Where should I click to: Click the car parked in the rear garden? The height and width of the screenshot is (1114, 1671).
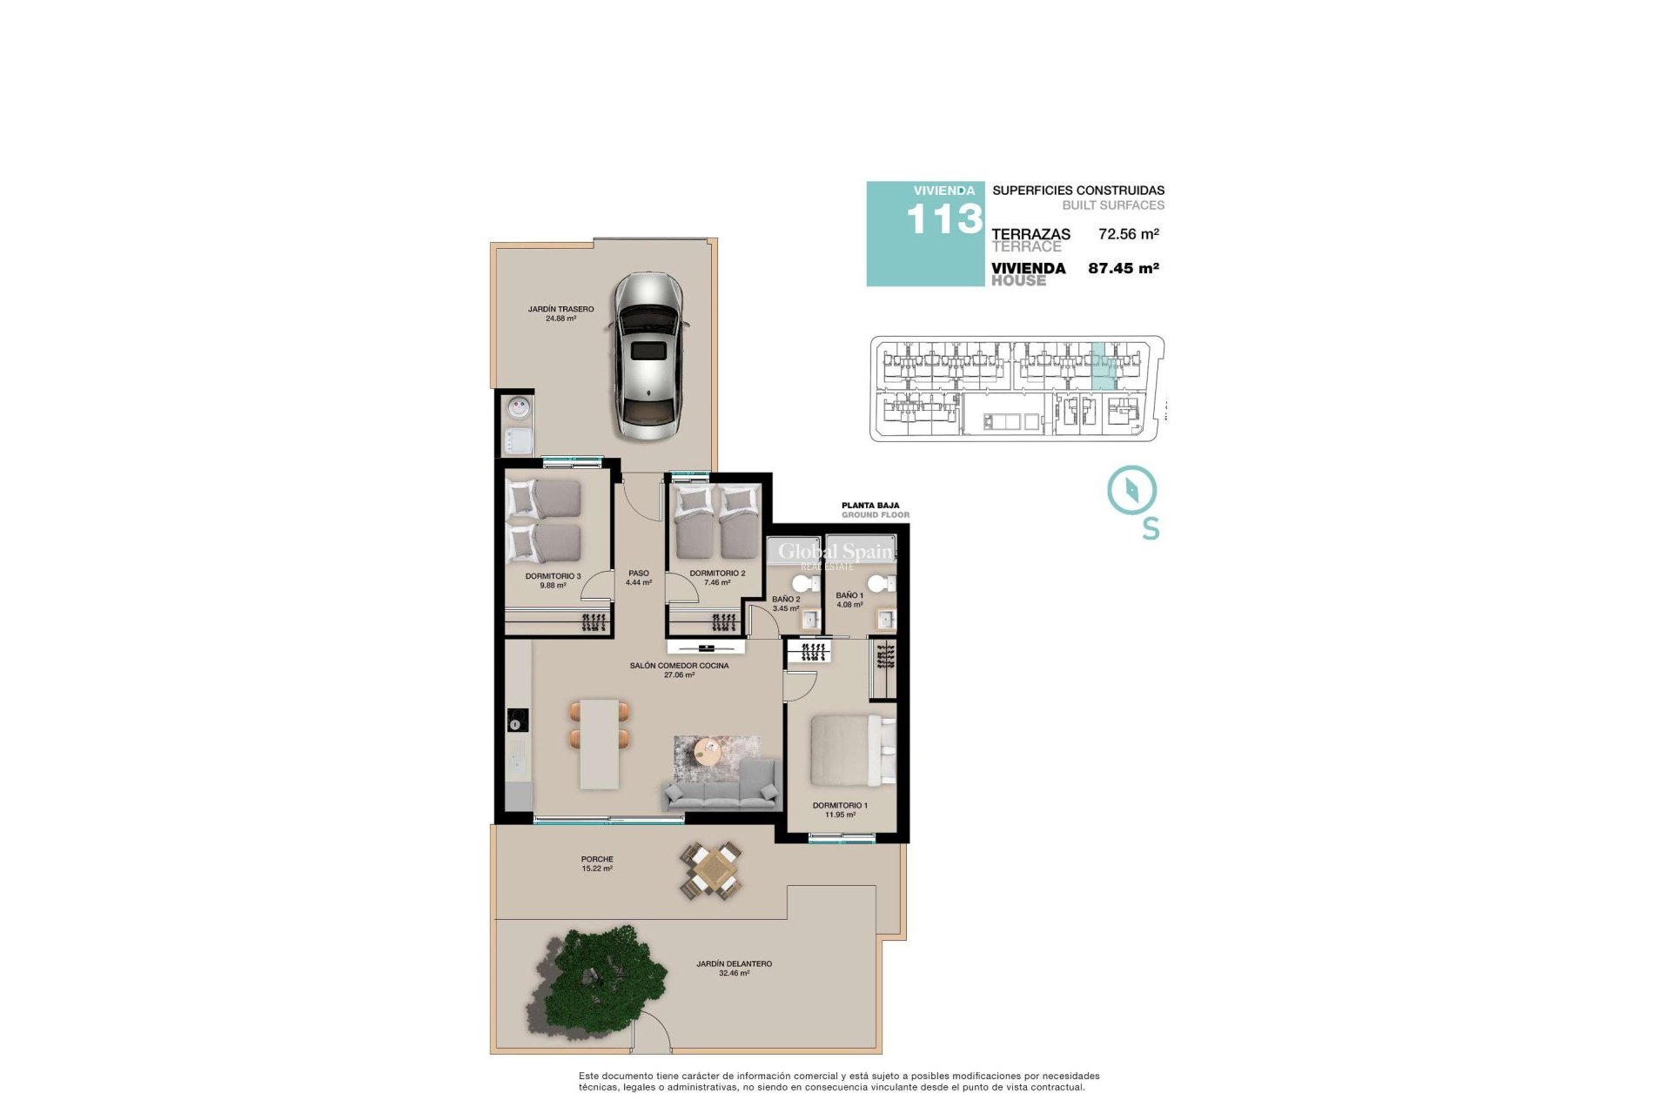tap(648, 355)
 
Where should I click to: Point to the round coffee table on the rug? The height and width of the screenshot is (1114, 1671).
tap(708, 750)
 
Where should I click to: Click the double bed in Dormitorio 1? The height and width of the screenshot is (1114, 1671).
tap(851, 750)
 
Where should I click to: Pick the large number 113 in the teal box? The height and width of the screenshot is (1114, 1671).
tap(943, 220)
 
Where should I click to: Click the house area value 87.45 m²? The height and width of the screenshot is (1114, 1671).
tap(1123, 269)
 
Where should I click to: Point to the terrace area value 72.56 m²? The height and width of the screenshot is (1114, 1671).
tap(1128, 234)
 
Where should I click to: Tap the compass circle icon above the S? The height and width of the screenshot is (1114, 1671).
tap(1131, 489)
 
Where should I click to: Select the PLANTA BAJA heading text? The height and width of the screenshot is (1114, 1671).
tap(870, 505)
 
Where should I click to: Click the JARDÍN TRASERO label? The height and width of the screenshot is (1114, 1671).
tap(560, 309)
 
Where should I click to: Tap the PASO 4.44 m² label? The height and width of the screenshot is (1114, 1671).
tap(638, 578)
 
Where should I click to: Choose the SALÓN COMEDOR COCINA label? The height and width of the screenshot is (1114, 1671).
tap(679, 666)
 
